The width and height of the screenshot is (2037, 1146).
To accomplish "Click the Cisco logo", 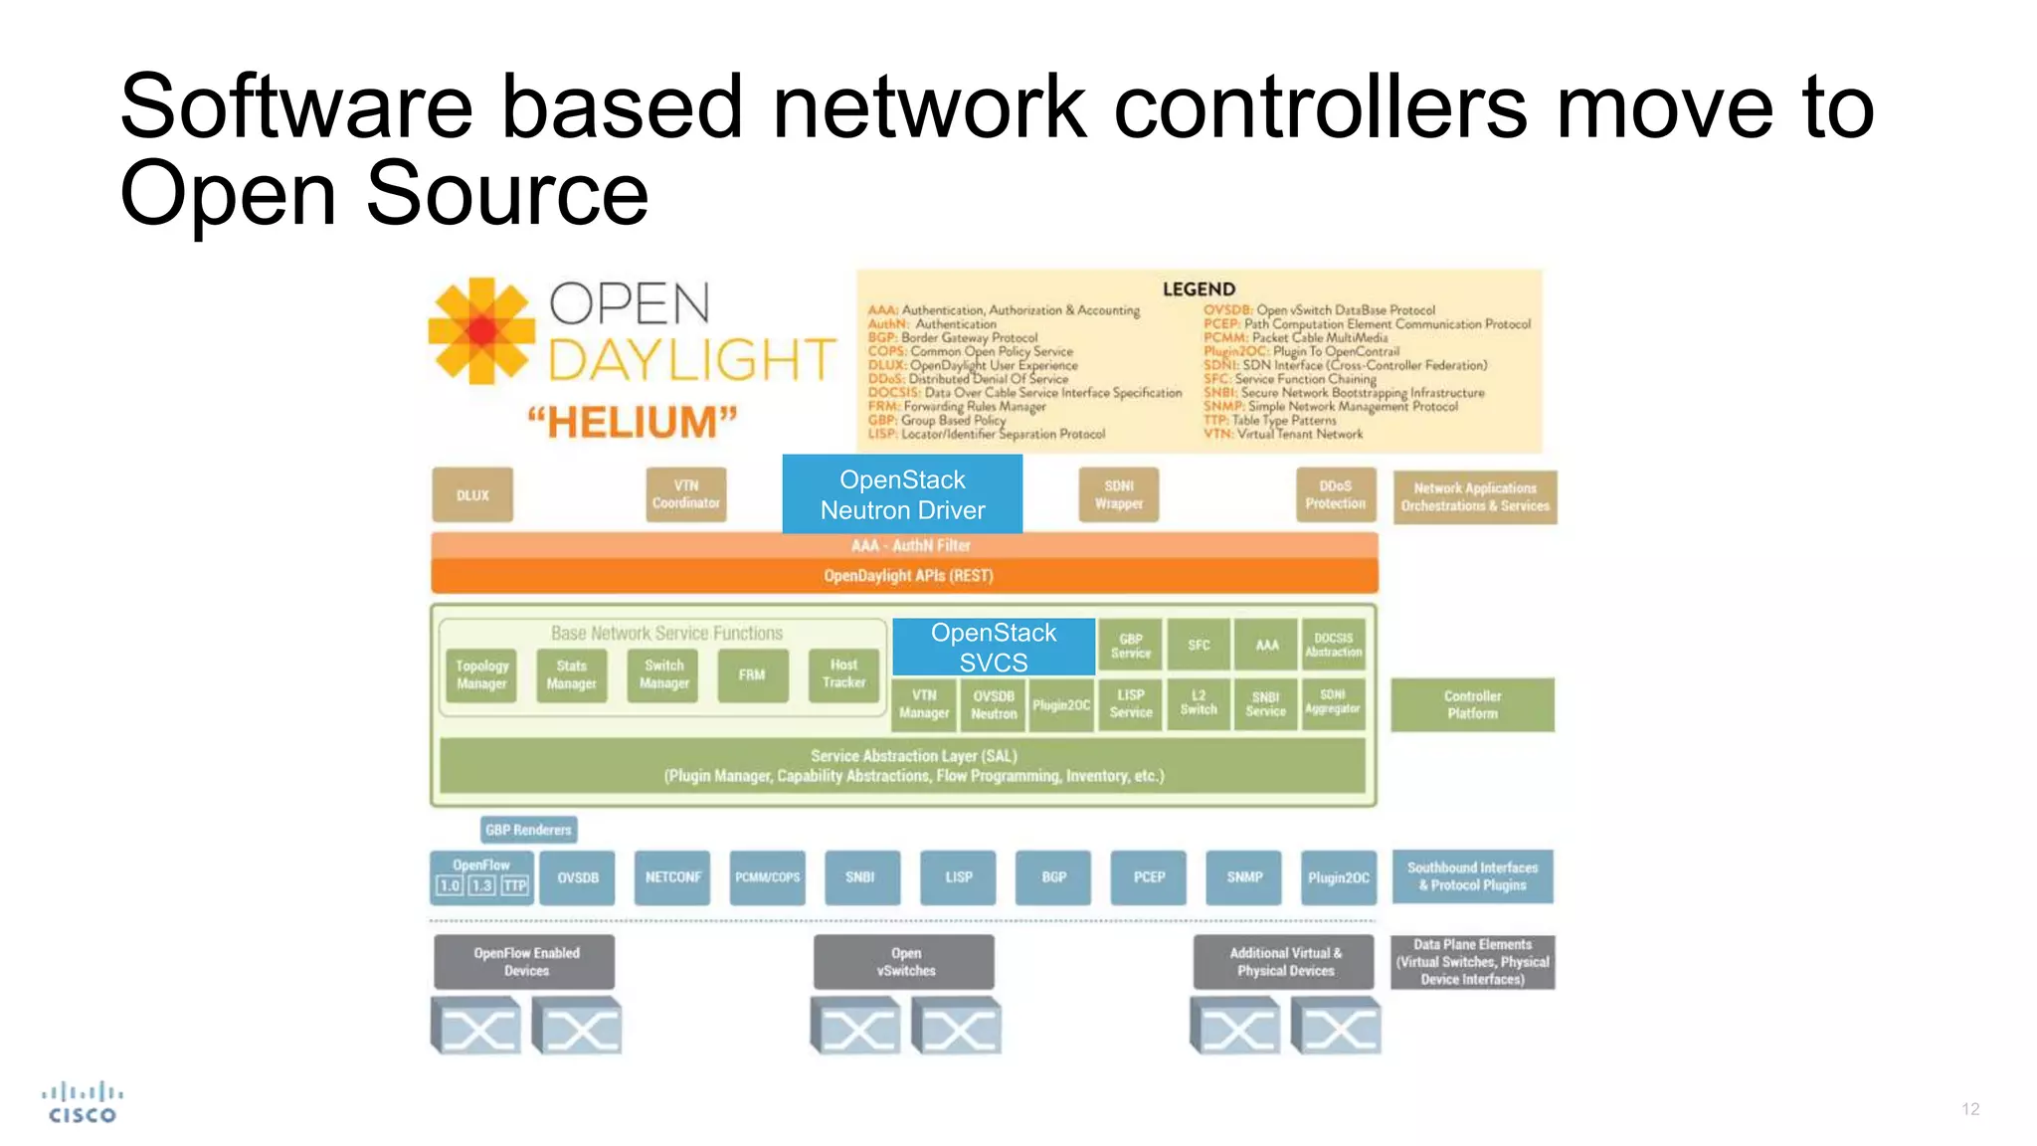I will (x=83, y=1103).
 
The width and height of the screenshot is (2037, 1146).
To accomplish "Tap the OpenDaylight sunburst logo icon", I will (x=481, y=331).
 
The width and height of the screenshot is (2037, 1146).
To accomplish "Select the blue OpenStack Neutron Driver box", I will (x=902, y=494).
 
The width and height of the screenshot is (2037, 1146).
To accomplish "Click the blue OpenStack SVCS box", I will (x=993, y=647).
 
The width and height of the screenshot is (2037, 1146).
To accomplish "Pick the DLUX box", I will (x=472, y=494).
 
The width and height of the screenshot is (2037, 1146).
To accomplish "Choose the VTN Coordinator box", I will (x=685, y=494).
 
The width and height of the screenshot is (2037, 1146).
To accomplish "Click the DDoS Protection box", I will (x=1335, y=494).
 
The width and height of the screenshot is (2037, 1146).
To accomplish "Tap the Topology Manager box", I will (x=481, y=674).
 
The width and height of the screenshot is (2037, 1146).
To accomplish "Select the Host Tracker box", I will (x=843, y=674).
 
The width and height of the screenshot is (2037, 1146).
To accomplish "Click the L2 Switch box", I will (x=1198, y=703).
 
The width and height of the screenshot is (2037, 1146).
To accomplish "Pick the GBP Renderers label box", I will (x=528, y=830).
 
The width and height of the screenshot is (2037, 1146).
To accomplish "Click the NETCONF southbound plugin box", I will (x=672, y=877).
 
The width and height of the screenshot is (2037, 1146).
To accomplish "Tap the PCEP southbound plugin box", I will (x=1149, y=877).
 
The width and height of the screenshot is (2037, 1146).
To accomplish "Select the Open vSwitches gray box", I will (x=904, y=961).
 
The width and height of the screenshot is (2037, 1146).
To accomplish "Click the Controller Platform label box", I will (x=1472, y=704).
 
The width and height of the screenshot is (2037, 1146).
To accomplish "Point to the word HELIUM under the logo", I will (x=633, y=423).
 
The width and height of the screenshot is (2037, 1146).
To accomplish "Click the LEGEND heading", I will (x=1199, y=289).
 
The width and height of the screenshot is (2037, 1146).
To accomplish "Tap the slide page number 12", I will (x=1970, y=1109).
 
